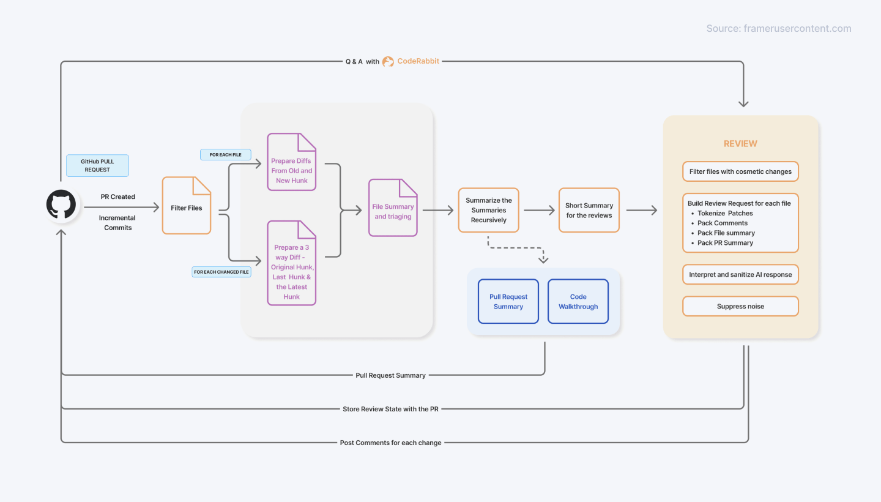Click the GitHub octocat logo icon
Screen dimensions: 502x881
[x=61, y=204]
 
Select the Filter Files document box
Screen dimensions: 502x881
[x=187, y=208]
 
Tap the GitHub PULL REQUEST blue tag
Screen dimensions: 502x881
[x=97, y=165]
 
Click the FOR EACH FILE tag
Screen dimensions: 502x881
[x=225, y=155]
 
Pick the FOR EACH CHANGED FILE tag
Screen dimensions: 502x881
[x=221, y=272]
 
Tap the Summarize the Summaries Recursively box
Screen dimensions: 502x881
[x=489, y=210]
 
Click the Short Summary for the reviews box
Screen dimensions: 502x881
[x=589, y=210]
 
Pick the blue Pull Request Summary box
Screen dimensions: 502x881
[x=508, y=301]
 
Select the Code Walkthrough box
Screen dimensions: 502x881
[x=578, y=301]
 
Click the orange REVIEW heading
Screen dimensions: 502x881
[x=740, y=144]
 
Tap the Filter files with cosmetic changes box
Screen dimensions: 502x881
[x=740, y=172]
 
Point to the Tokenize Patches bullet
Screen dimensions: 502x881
[x=725, y=213]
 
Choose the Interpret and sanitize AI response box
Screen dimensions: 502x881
[x=740, y=275]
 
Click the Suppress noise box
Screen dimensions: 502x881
[x=740, y=306]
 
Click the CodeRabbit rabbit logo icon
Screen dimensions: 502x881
[x=388, y=61]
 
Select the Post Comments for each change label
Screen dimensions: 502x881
[x=390, y=443]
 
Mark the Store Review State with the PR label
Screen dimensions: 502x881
[x=390, y=409]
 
